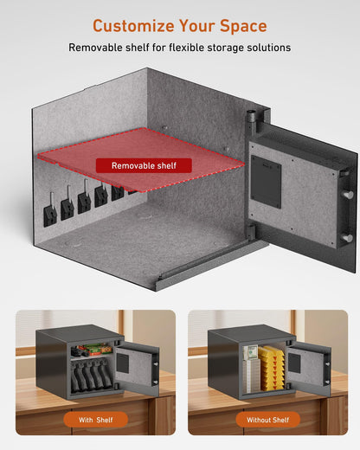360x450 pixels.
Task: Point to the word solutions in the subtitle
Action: pyautogui.click(x=263, y=48)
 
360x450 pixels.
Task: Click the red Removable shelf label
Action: pyautogui.click(x=144, y=164)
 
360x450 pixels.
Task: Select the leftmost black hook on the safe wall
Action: pyautogui.click(x=50, y=213)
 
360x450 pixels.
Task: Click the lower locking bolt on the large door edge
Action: pyautogui.click(x=346, y=236)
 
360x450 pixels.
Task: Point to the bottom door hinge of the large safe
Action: pyautogui.click(x=250, y=231)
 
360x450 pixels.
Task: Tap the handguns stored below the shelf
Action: pyautogui.click(x=89, y=377)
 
